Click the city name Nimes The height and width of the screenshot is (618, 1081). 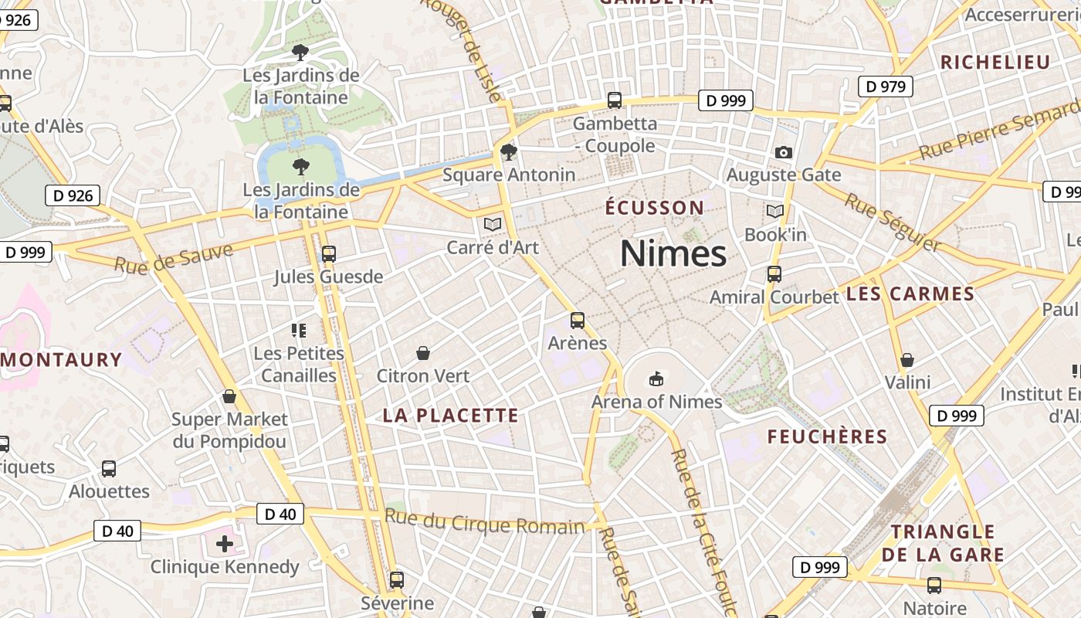(x=673, y=253)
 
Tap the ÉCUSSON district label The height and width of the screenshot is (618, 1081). (x=654, y=208)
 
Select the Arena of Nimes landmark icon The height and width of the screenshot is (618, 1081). (x=656, y=379)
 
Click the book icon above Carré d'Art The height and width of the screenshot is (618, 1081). (x=492, y=225)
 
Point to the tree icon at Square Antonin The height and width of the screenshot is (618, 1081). (x=508, y=151)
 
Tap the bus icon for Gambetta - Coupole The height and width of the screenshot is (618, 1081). (x=615, y=100)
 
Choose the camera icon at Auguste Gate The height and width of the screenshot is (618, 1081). (x=784, y=152)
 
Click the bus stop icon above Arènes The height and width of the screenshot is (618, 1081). (x=578, y=320)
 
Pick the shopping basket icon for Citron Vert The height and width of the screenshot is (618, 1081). (x=423, y=353)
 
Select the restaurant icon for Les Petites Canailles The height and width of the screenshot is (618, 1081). (x=299, y=331)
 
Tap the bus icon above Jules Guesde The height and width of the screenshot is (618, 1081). (x=328, y=253)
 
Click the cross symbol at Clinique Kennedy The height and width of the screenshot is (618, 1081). (x=225, y=544)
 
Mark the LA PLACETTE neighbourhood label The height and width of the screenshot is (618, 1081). (x=451, y=416)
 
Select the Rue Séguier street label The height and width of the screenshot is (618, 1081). (x=893, y=222)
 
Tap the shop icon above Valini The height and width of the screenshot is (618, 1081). (x=907, y=360)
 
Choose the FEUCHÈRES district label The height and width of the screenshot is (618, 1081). (x=827, y=436)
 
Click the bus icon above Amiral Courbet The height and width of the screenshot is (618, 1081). (x=774, y=273)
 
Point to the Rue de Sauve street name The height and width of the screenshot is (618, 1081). (x=174, y=258)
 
